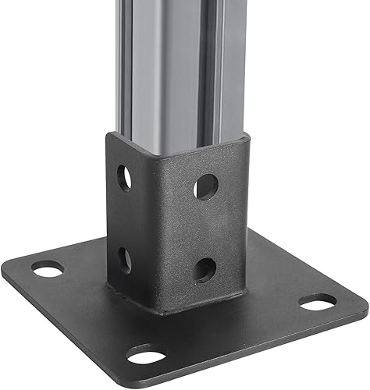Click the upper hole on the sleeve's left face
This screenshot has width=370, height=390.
[x=124, y=179]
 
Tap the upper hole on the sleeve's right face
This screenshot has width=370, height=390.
[x=206, y=186]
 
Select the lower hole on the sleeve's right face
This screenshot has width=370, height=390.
[x=205, y=269]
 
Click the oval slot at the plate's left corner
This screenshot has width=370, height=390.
[x=48, y=270]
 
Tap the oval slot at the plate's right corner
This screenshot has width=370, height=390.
[x=318, y=301]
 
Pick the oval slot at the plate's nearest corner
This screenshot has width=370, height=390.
[x=146, y=357]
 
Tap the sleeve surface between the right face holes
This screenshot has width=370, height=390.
[x=206, y=228]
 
